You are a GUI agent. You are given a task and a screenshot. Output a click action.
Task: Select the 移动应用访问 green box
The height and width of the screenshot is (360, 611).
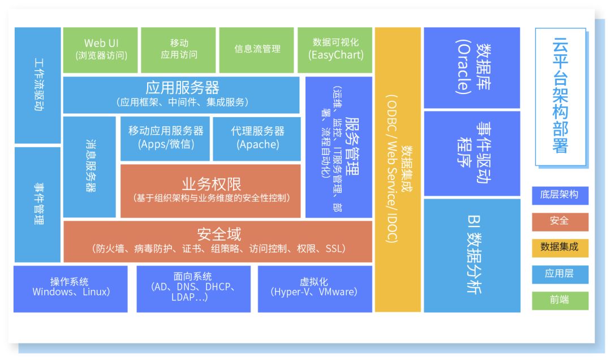tap(179, 50)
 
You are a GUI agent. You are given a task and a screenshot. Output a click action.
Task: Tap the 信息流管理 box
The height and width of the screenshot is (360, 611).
tap(257, 50)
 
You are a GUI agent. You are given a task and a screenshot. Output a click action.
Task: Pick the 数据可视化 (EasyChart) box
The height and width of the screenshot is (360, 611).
tap(335, 50)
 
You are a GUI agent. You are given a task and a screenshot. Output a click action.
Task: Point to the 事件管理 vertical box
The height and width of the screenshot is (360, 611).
tap(38, 204)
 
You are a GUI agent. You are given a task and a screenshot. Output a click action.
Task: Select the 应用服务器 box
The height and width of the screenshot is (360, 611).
tap(182, 95)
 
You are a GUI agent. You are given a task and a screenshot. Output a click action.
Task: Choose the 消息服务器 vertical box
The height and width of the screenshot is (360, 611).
tap(90, 167)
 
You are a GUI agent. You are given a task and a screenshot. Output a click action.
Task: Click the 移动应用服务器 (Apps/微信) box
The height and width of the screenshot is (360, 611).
tap(165, 138)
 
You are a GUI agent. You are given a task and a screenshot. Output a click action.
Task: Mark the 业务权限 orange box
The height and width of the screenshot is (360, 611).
tap(210, 191)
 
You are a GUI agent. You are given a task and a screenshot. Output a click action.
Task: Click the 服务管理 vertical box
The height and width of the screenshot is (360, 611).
tap(339, 147)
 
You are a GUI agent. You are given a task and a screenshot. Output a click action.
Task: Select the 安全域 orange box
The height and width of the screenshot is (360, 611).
tap(218, 241)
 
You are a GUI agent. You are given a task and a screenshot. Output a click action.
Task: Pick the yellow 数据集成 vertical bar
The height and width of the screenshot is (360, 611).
tap(398, 170)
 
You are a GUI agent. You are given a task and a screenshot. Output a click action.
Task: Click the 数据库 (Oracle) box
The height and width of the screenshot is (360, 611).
tap(471, 67)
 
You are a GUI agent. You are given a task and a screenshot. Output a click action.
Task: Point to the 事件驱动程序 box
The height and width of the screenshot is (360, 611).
tap(471, 153)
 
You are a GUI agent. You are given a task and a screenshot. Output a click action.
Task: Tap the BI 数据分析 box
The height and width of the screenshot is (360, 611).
tap(471, 255)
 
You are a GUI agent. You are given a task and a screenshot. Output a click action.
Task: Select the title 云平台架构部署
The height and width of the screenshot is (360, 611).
tap(560, 96)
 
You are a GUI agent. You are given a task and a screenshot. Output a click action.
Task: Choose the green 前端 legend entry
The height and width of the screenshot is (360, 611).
tap(560, 301)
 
